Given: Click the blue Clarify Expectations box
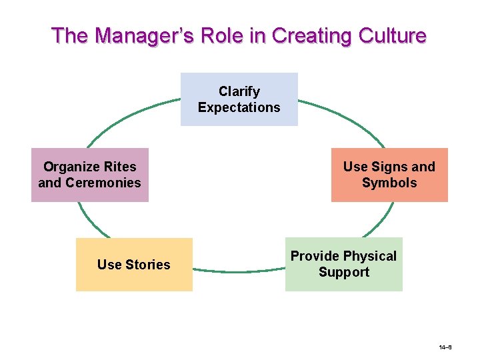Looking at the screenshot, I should (239, 99).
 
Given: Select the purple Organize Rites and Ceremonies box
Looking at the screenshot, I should (89, 175).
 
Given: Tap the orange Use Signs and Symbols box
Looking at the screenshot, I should (389, 175).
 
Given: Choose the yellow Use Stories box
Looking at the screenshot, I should (133, 265).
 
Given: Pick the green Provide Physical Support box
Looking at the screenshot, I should (343, 264).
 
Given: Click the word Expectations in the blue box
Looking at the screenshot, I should (239, 107).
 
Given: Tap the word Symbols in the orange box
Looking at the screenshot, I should (389, 183).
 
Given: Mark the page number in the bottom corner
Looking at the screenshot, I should (446, 348).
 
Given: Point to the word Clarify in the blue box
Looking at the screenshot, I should (239, 91).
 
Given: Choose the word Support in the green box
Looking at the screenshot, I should (343, 272).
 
